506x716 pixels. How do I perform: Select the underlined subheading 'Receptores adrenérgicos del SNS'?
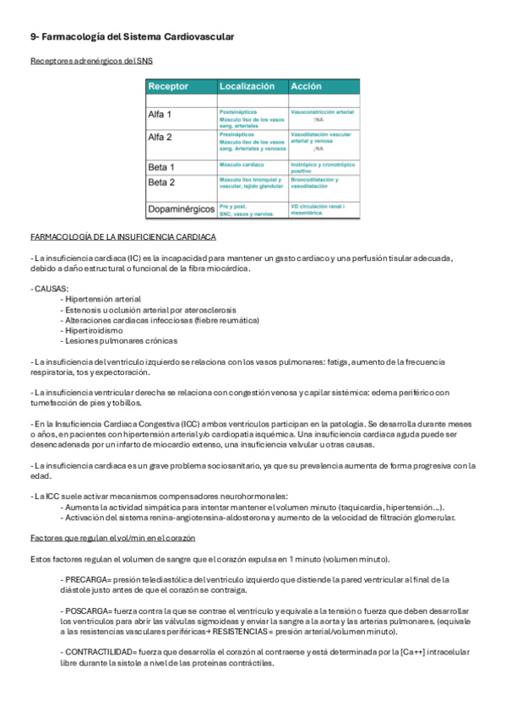(91, 62)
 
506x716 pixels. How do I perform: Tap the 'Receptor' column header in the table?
(168, 86)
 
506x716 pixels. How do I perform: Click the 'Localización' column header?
(247, 86)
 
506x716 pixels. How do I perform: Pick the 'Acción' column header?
(306, 86)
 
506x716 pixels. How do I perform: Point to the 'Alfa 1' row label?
(160, 114)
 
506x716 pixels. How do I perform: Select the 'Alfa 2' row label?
(160, 136)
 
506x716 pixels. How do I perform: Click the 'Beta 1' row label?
(161, 167)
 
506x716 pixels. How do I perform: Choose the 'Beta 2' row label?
(161, 182)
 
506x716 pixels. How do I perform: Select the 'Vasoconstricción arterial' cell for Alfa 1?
(322, 111)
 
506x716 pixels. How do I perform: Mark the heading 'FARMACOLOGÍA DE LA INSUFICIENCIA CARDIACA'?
(123, 236)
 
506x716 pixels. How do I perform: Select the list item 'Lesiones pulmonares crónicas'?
(119, 341)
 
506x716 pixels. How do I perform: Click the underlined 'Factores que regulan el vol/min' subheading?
(112, 538)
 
